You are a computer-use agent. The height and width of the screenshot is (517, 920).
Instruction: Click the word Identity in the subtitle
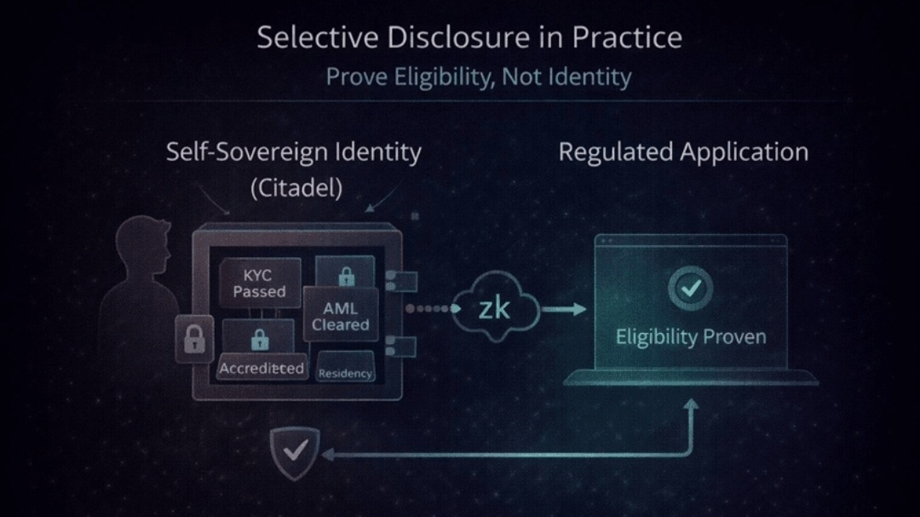click(589, 77)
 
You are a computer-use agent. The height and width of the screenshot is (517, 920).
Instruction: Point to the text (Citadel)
click(296, 188)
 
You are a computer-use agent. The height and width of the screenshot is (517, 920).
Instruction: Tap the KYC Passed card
click(260, 284)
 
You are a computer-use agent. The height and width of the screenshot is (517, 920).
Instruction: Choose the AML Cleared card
click(340, 316)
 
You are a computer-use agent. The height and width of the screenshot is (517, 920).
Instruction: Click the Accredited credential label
click(262, 368)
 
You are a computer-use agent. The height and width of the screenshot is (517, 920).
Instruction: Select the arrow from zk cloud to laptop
click(564, 308)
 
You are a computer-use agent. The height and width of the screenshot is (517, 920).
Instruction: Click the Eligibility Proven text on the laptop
click(690, 336)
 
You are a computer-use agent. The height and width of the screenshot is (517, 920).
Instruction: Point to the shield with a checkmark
click(295, 451)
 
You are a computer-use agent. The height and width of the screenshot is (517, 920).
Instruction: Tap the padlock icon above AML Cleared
click(346, 276)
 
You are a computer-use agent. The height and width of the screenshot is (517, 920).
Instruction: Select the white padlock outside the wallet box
click(194, 338)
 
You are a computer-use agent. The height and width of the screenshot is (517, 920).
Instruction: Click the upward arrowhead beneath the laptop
click(691, 410)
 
